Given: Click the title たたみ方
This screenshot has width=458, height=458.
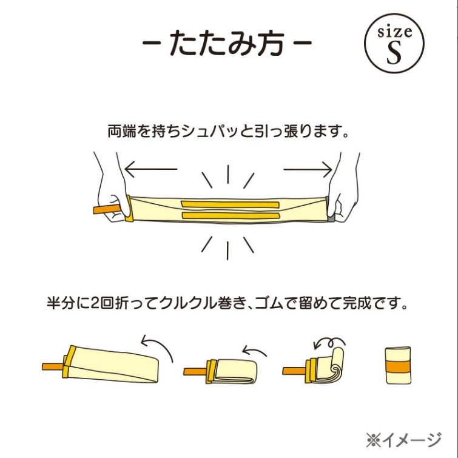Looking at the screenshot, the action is [x=227, y=43].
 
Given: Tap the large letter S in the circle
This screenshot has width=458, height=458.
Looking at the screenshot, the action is [x=394, y=53].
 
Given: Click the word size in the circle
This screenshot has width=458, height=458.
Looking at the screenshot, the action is [x=395, y=32].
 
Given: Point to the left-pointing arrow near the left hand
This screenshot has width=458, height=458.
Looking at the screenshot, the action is [x=151, y=169].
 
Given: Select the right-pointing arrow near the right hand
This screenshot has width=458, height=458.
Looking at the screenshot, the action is [x=308, y=169].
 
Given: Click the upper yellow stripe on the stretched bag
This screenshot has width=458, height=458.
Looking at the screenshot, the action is [x=231, y=204].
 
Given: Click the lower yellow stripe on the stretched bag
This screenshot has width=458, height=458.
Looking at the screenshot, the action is [x=231, y=216].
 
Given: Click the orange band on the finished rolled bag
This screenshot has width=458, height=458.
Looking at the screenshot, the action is [x=399, y=367].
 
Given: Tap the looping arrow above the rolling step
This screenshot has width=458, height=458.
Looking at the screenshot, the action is [x=329, y=343].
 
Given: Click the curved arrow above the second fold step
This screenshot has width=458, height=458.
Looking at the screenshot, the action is [x=255, y=351].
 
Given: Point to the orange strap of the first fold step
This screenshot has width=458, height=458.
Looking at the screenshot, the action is [x=52, y=367].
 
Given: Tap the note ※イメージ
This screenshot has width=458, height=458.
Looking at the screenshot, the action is [x=403, y=439].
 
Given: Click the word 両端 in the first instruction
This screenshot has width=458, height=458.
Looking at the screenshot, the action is [x=122, y=131].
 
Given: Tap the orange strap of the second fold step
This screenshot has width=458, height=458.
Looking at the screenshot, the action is [x=195, y=372].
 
